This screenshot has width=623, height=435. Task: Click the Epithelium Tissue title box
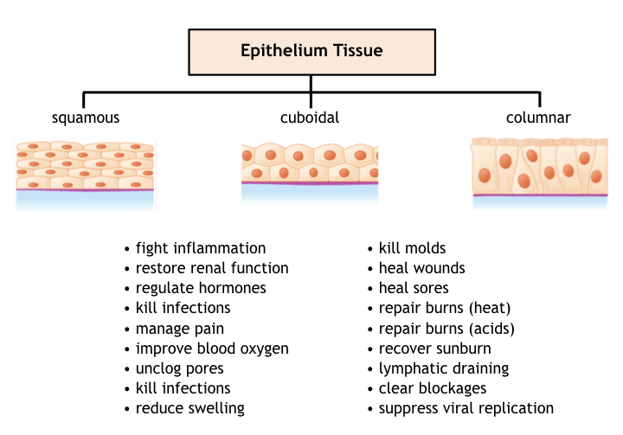311,52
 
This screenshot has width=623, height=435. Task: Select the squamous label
86,118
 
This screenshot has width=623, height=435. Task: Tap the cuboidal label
310,118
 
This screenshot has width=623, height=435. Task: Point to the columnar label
538,118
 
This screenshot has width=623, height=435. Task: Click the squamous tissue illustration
85,175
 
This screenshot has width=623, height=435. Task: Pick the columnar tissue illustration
540,172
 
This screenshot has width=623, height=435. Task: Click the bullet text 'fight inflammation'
201,249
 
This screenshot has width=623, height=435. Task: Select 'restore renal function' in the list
212,268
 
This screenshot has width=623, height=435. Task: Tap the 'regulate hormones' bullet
201,288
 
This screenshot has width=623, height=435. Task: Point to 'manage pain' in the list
180,329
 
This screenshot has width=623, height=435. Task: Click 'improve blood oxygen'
212,349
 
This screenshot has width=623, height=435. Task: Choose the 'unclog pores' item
180,368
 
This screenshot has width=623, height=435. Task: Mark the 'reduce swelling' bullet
190,408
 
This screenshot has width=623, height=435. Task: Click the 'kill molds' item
412,248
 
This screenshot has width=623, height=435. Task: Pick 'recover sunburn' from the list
434,349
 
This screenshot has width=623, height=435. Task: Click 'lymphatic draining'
443,368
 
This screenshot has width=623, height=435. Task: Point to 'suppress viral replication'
466,408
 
